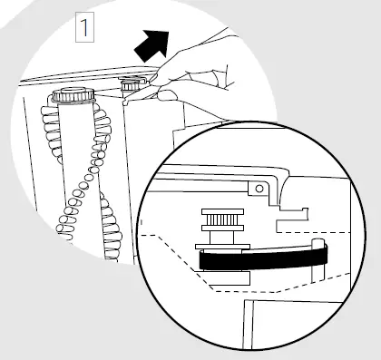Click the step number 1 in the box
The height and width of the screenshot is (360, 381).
(x=85, y=27)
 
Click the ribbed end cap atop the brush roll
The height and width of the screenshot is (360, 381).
(x=72, y=94)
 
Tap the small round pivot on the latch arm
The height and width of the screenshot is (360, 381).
(x=260, y=188)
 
